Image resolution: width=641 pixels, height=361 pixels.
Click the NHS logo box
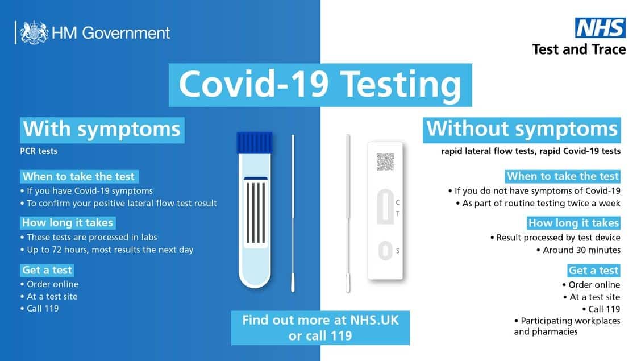tap(601, 28)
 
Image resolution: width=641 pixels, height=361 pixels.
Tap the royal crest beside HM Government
tap(34, 32)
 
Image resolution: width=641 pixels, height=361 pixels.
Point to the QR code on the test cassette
tap(385, 162)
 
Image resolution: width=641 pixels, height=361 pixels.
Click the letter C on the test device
tap(397, 202)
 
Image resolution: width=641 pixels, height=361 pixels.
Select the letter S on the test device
tap(397, 251)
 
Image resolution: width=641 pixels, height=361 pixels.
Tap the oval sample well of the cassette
tap(385, 251)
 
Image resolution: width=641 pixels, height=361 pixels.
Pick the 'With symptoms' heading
tap(102, 129)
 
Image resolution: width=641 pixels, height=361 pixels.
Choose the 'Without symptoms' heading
tap(522, 128)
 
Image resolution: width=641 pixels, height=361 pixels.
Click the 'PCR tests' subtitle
tap(39, 152)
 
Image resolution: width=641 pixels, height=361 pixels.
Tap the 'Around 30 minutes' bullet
tap(581, 250)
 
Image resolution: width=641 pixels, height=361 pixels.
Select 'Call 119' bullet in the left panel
tap(43, 309)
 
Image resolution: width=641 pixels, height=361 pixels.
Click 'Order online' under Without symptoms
tap(594, 284)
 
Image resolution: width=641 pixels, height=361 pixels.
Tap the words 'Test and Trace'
tap(578, 49)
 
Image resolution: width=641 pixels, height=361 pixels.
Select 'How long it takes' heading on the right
tap(573, 223)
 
